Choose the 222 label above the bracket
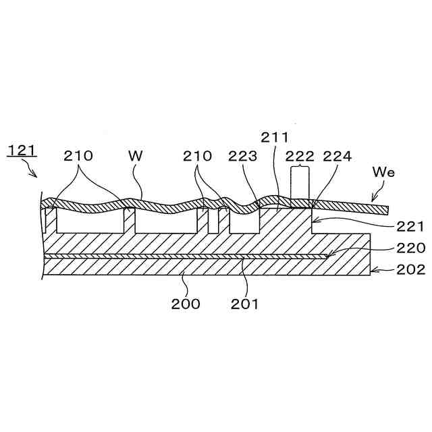pyautogui.click(x=300, y=157)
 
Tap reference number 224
pyautogui.click(x=337, y=157)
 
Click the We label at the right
pyautogui.click(x=383, y=173)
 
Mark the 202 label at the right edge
pyautogui.click(x=410, y=269)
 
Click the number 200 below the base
pyautogui.click(x=185, y=303)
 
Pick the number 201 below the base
pyautogui.click(x=244, y=303)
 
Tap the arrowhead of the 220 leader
pyautogui.click(x=327, y=255)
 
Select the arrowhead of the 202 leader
pyautogui.click(x=373, y=269)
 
